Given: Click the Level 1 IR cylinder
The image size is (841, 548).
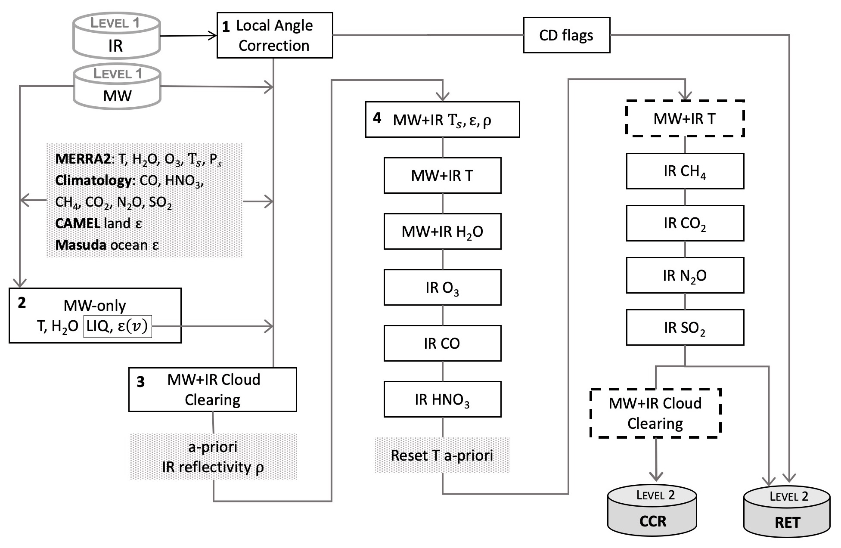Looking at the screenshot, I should (116, 36).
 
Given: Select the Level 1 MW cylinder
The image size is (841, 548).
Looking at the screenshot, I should (117, 86).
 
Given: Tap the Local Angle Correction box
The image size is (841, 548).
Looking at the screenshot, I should (274, 35).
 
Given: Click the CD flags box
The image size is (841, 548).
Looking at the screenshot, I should (566, 35).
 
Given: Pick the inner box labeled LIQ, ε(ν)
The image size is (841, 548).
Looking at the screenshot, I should (117, 327).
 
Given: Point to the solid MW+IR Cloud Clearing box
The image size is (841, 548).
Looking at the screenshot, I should (213, 390).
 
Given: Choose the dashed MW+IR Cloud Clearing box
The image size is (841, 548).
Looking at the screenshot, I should (655, 413).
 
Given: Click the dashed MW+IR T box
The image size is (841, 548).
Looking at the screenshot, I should (685, 119).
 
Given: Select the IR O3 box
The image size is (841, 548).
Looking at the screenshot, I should (442, 288).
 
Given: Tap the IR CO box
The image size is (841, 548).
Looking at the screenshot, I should (442, 344).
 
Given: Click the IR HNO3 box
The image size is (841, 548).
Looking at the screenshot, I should (442, 399).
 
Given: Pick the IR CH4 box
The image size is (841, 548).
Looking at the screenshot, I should (685, 171).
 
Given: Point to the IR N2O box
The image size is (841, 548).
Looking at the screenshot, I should (685, 276).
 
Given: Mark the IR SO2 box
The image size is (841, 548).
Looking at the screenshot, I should (685, 328).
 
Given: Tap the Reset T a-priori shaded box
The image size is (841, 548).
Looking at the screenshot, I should (442, 455).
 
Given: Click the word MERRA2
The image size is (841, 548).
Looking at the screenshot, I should (82, 159).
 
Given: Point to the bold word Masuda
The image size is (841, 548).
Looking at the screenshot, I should (81, 245).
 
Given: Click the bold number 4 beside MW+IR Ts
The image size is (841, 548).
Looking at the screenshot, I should (377, 118).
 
